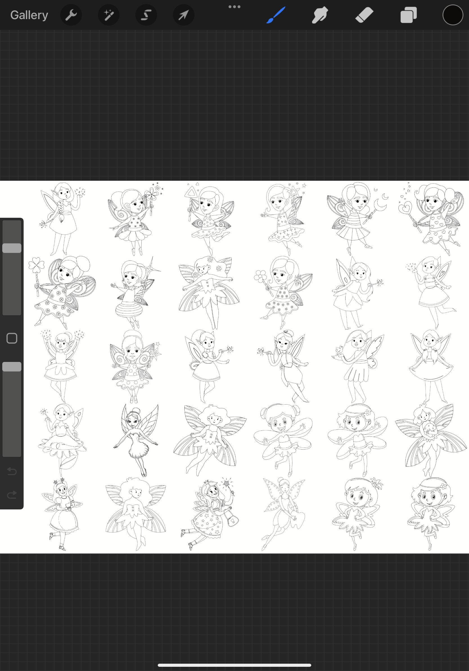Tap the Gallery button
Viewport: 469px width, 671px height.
[29, 15]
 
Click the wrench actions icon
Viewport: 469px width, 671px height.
[71, 15]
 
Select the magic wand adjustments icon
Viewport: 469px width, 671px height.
[109, 15]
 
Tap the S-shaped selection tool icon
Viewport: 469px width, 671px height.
[146, 15]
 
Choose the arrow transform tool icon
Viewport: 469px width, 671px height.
[184, 15]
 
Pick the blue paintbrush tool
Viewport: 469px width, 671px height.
[276, 15]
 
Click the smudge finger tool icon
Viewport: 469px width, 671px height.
[320, 15]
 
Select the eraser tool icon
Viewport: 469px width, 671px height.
[364, 15]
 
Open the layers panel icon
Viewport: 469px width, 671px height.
[409, 15]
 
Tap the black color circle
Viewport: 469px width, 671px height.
[453, 15]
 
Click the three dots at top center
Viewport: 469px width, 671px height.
[234, 7]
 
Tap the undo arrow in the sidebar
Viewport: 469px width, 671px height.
[12, 471]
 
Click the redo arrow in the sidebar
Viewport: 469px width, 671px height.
[12, 495]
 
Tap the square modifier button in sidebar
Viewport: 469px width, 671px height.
[12, 338]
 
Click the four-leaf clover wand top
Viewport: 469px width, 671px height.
[37, 265]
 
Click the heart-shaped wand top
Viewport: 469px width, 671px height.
[405, 208]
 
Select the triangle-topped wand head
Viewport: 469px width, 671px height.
[191, 192]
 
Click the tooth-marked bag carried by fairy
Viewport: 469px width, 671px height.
[233, 520]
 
